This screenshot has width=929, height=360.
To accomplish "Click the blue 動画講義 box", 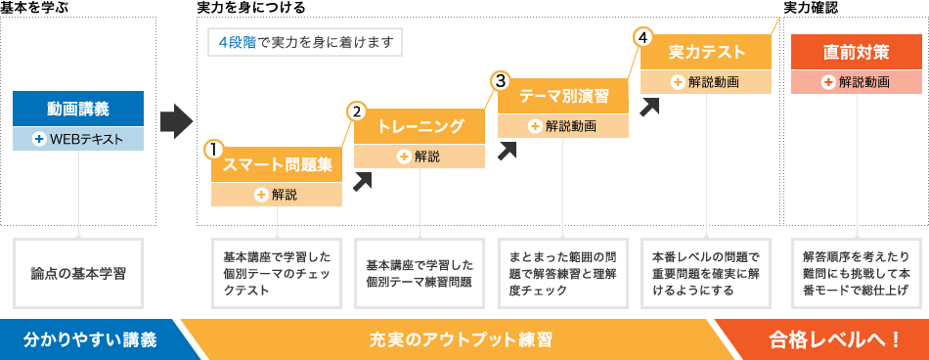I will [78, 109].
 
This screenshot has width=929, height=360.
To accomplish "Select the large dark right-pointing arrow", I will [175, 120].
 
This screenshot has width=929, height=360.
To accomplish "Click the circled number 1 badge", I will [213, 150].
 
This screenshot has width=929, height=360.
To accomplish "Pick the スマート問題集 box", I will [277, 165].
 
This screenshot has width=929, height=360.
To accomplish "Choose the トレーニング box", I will [420, 126].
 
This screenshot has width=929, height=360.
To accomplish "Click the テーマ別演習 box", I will [563, 96].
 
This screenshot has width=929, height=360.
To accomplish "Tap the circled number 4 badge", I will [641, 37].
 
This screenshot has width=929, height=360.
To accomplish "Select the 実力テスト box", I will [706, 52].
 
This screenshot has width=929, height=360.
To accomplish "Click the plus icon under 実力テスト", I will [676, 82].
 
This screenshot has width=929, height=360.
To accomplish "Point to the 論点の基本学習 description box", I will [78, 271].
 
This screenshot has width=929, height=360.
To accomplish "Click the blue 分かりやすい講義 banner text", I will [89, 340].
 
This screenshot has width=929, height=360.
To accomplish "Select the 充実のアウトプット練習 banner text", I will [461, 340].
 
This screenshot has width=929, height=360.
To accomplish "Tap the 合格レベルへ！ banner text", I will [834, 340].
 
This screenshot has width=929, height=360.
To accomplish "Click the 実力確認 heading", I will [811, 7].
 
